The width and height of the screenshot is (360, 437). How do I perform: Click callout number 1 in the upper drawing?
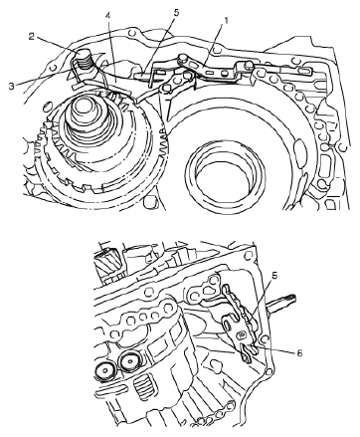226,21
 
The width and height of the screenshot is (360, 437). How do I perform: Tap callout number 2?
32,36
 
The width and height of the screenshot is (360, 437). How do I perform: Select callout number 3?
12,86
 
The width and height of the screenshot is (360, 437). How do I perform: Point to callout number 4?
107,16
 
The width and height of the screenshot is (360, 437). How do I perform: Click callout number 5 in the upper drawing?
176,13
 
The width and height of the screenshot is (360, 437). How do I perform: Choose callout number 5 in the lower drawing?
275,276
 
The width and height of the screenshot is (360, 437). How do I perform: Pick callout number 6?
299,353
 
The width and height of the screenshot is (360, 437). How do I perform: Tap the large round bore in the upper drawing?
226,176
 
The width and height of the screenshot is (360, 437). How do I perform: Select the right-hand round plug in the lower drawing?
129,360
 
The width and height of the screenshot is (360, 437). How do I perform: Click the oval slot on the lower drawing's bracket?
229,323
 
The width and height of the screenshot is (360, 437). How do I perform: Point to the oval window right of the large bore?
300,148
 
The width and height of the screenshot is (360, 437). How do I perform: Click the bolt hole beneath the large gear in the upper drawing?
150,201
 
